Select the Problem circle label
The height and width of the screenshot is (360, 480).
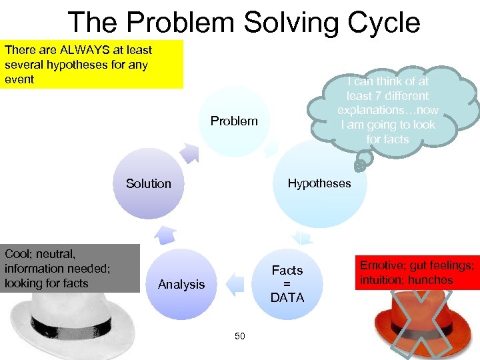(234, 121)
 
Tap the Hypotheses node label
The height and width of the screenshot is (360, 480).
(319, 183)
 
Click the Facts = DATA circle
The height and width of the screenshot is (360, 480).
(287, 284)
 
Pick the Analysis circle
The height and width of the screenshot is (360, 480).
(181, 285)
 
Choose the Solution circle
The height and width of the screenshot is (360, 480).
(149, 183)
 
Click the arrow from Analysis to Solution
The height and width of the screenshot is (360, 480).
(165, 235)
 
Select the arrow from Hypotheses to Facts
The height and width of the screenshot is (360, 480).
(303, 237)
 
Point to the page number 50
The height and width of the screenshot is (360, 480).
(240, 336)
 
